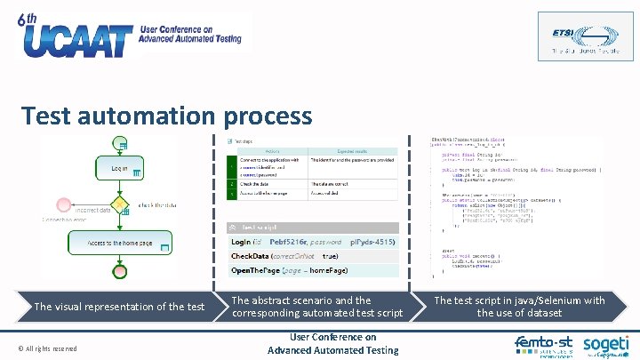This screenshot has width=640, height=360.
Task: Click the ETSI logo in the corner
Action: coord(573,36)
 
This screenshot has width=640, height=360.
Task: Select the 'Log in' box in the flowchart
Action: coord(119,168)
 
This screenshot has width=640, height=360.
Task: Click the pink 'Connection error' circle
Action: coord(63,205)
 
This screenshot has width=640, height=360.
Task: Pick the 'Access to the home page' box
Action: coord(120,242)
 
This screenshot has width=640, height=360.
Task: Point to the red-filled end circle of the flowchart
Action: coord(120,270)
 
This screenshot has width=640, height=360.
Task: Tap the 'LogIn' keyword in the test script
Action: coord(241,242)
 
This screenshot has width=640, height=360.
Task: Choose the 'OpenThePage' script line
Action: coord(289,270)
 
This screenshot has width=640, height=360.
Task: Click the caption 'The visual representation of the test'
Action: coord(119,307)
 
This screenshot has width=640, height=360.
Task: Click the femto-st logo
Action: coord(543,345)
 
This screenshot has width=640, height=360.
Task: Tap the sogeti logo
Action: coord(605,345)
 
